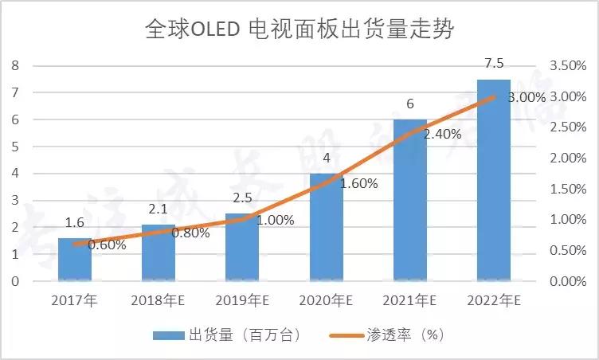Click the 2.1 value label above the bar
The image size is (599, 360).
[159, 209]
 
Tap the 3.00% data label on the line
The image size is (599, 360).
[527, 98]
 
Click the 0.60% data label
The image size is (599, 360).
[107, 245]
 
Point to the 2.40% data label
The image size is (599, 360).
[442, 135]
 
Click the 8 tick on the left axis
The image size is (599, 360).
[15, 65]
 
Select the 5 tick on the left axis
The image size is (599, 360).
[15, 147]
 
